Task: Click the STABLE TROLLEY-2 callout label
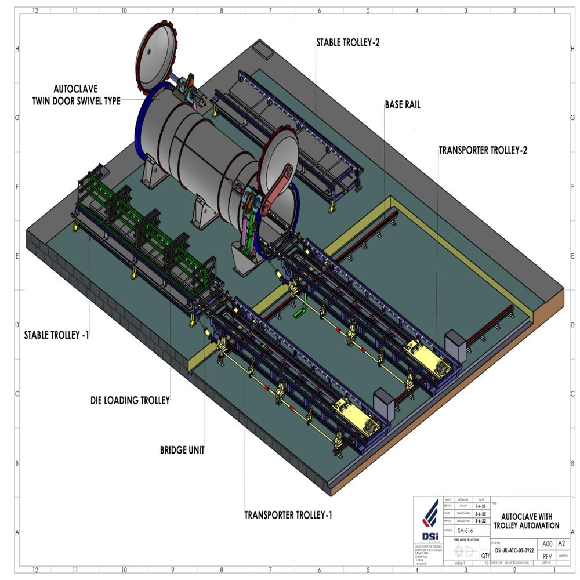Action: (x=348, y=42)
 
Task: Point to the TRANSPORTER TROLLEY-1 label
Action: (x=288, y=514)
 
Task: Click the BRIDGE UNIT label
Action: (x=182, y=449)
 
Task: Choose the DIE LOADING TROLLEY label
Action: (x=130, y=400)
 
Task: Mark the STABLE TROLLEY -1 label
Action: (x=56, y=335)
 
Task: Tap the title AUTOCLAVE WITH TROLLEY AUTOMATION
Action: (x=526, y=521)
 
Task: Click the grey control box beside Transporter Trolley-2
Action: (x=454, y=346)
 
